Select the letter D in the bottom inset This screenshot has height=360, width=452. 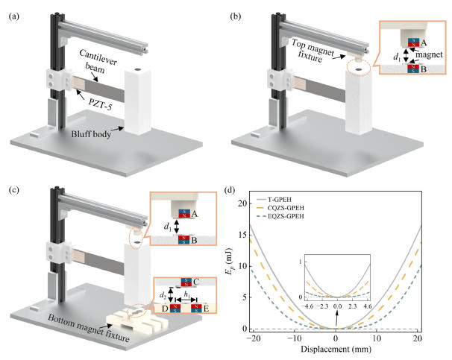(166, 306)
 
